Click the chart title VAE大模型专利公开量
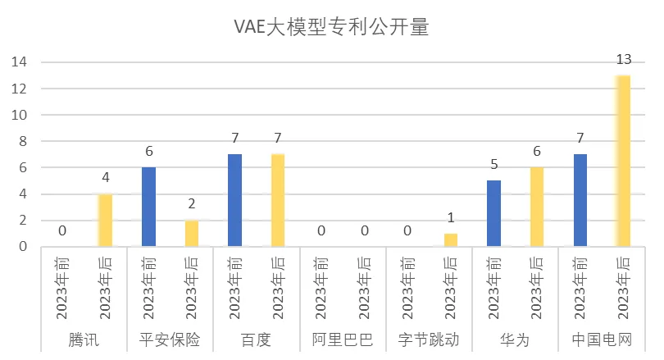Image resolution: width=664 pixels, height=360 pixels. (331, 28)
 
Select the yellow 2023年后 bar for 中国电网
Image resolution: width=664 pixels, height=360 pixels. (623, 161)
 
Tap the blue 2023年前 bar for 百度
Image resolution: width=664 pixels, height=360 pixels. (234, 200)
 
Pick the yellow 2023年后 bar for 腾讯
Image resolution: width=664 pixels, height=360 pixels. (105, 220)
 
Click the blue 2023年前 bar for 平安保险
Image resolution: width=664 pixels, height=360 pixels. (148, 207)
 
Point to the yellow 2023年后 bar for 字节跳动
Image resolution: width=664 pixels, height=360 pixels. (450, 239)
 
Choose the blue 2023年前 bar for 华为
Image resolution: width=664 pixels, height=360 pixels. (493, 213)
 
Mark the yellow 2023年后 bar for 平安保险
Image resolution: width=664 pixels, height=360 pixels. (192, 233)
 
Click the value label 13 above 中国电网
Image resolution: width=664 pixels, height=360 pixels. (623, 59)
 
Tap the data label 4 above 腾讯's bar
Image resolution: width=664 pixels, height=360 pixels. (105, 177)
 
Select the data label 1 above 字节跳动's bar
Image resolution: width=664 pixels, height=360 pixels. (450, 217)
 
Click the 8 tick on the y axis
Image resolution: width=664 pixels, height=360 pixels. (24, 141)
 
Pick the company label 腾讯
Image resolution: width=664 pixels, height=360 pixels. (84, 339)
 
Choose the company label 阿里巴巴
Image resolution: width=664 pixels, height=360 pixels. (342, 339)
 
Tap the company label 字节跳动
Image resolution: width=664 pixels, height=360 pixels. (428, 339)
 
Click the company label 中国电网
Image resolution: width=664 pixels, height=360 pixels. (601, 339)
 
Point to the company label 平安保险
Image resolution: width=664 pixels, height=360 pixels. (170, 339)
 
